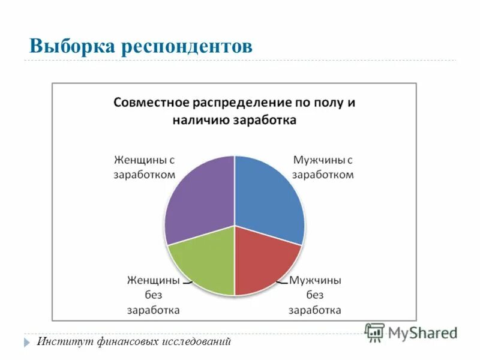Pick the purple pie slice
point(198,198)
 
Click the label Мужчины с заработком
point(323,167)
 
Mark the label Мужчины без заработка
point(315,295)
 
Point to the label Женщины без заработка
point(153,295)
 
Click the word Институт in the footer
point(62,342)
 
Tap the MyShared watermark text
point(423,333)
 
